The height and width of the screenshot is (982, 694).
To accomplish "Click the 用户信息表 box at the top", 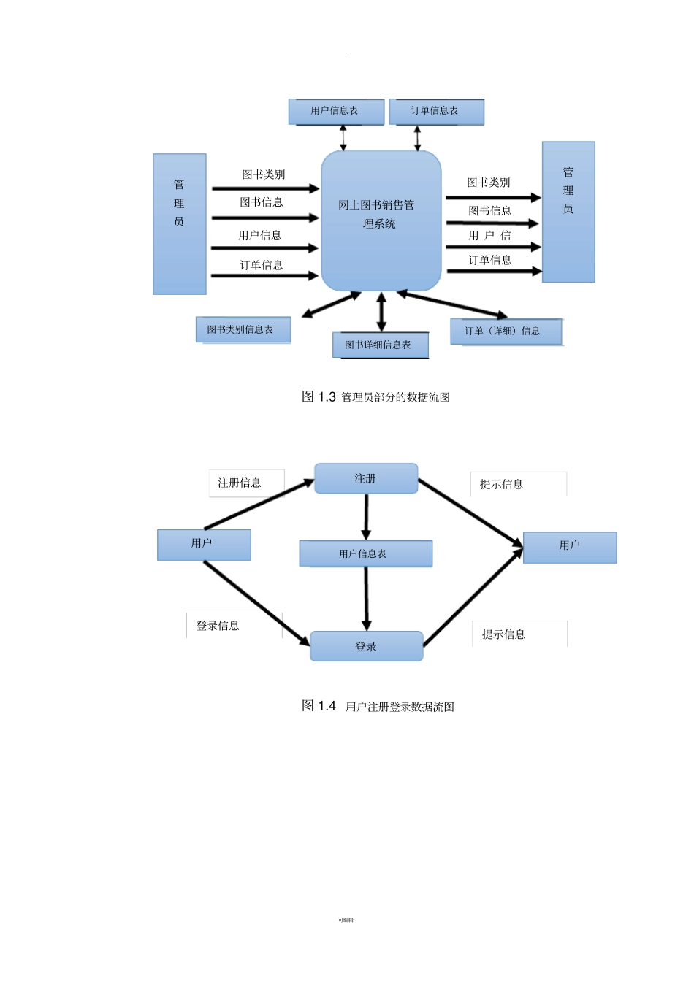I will pos(336,111).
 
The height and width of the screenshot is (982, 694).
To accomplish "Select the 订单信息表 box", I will pos(436,111).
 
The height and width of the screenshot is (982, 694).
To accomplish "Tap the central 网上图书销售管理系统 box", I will pos(381,219).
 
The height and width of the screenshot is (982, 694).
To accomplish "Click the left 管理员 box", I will pos(179,223).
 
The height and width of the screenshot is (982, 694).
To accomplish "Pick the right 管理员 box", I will pos(568,212).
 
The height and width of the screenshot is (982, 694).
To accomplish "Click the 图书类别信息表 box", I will pos(243,329).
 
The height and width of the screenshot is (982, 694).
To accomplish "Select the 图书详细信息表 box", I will pos(380,345).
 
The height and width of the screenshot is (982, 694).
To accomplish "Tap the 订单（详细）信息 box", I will pos(506,331).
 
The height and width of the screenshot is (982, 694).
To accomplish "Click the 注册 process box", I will pos(366,478).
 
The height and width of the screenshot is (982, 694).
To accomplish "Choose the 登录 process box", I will pos(366,646).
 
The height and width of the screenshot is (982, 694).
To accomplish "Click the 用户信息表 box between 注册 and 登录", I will pos(365,553).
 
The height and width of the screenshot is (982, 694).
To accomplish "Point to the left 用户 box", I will pos(204,545).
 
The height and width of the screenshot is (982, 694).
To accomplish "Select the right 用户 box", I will pos(570,547).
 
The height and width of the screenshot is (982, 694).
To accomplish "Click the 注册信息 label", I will pos(240,483).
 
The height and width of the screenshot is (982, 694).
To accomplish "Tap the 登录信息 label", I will pos(218,626).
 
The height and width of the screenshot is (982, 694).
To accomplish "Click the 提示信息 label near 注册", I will pos(502,484).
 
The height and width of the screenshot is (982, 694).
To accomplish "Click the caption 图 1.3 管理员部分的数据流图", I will pos(375,396).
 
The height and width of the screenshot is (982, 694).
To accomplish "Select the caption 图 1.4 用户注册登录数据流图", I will pos(378,706).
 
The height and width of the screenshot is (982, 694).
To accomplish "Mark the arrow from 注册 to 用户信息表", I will pos(366,517).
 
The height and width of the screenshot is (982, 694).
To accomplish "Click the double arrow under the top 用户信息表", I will pos(343,137).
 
